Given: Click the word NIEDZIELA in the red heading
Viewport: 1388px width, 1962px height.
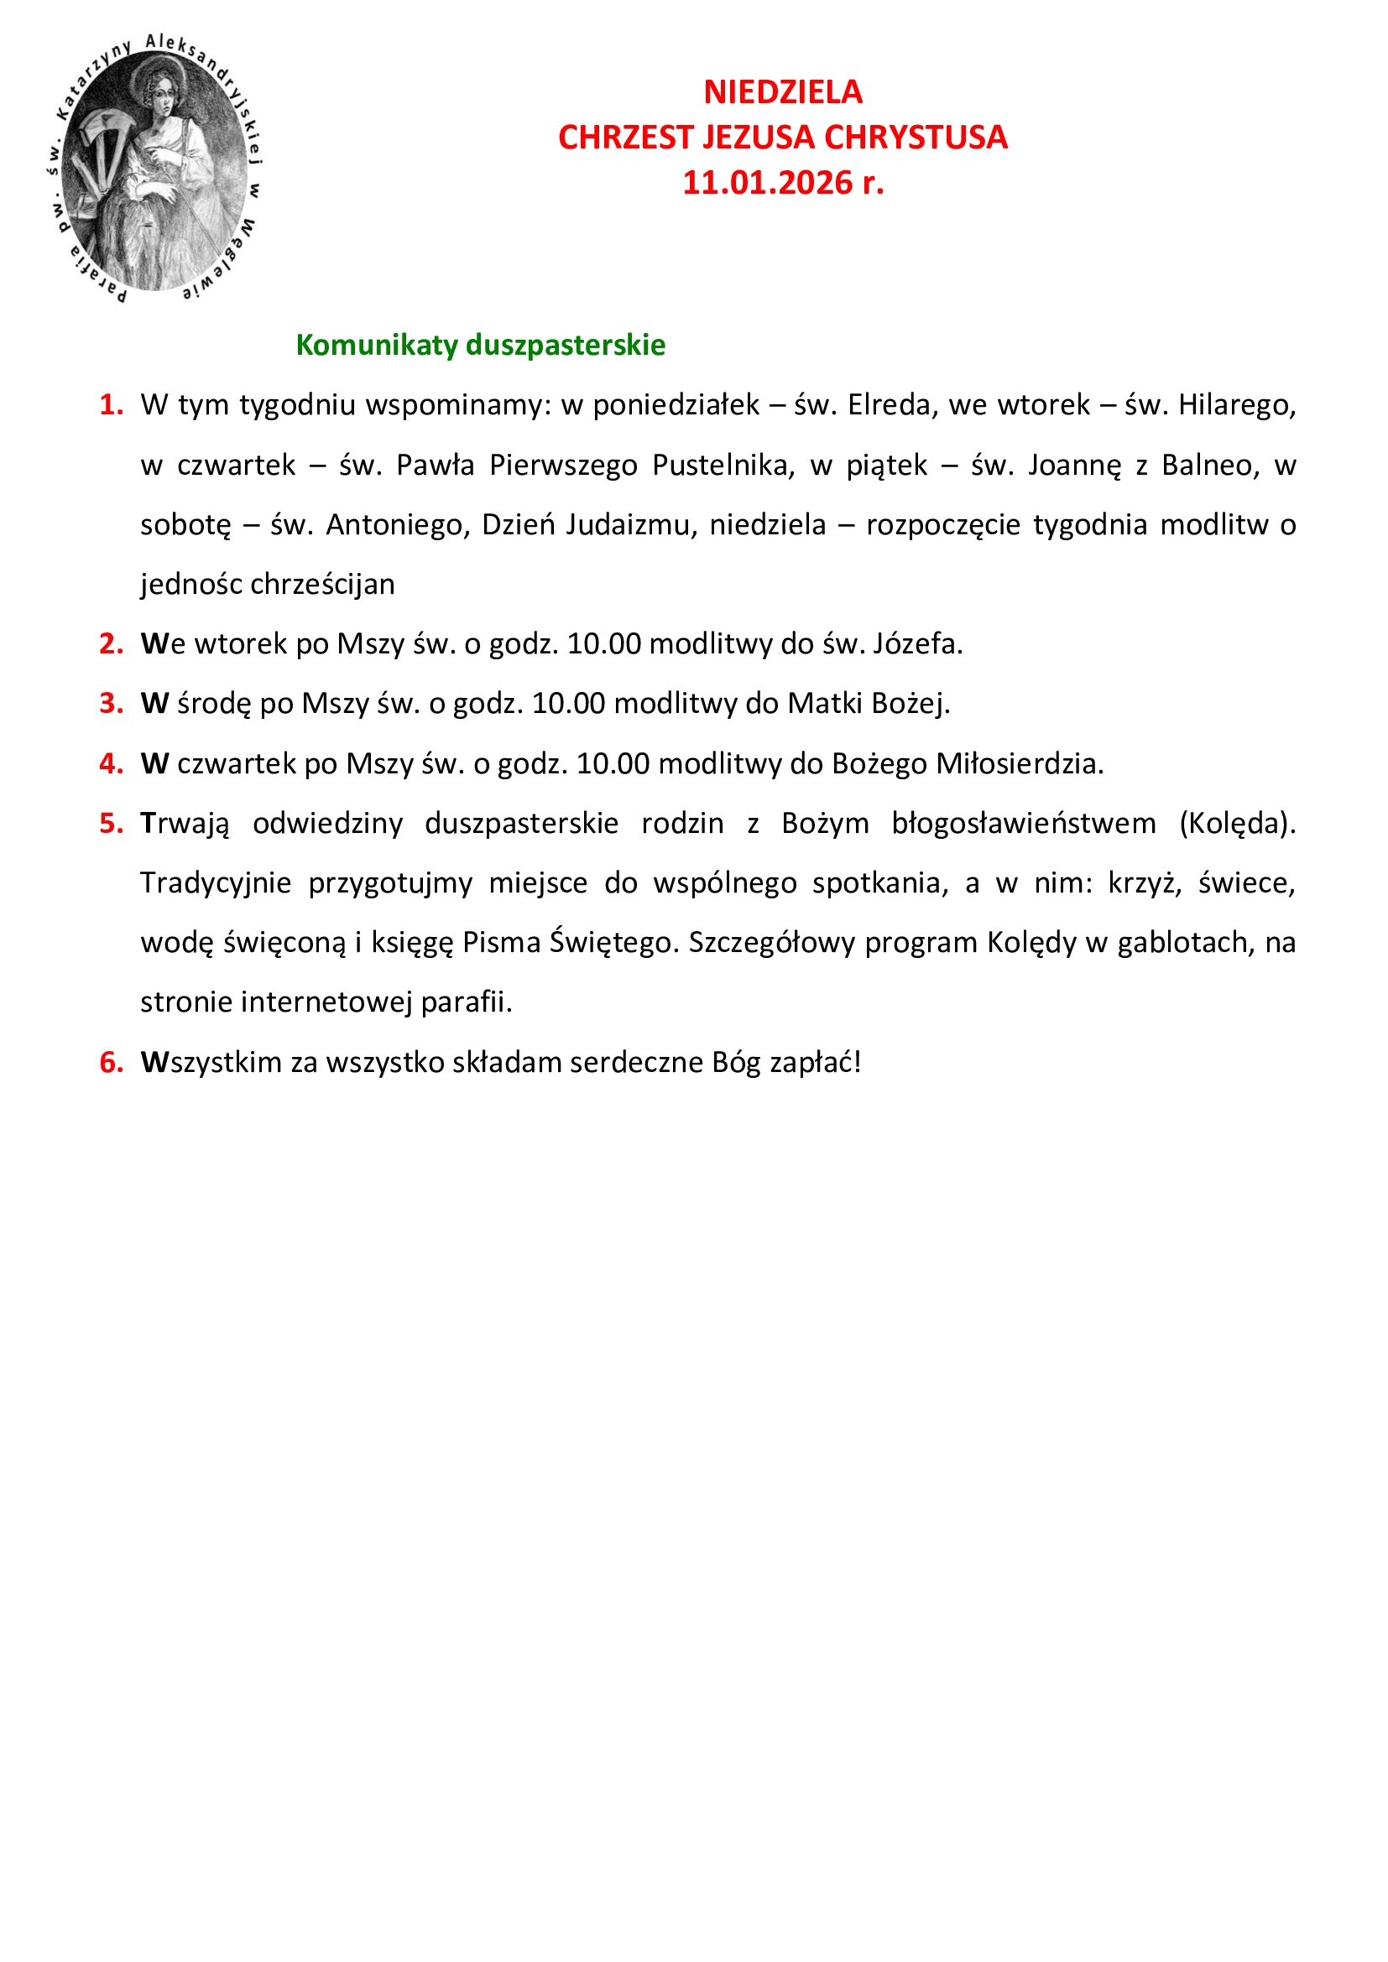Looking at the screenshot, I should click(x=782, y=92).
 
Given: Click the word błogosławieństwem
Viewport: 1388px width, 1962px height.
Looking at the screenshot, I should click(x=1023, y=823).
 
